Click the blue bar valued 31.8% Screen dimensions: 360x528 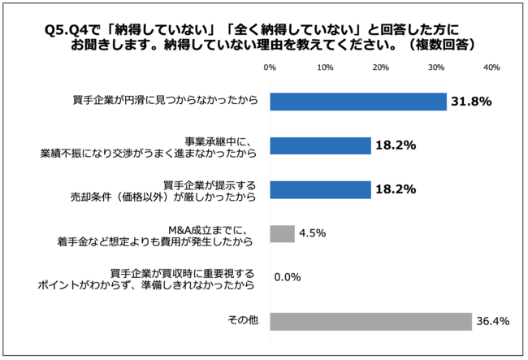tap(357, 102)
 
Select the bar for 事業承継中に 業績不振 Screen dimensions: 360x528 tap(320, 145)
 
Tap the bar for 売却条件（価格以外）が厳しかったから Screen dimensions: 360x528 tap(320, 189)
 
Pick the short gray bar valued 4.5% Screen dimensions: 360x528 tap(282, 233)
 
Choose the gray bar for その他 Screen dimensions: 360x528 tap(370, 321)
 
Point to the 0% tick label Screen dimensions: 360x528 tap(270, 67)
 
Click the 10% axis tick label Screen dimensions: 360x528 tap(326, 67)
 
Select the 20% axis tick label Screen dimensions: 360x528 tap(381, 67)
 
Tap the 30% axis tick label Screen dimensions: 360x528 tap(436, 67)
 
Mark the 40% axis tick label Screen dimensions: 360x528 tap(491, 67)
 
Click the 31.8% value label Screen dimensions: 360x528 tap(473, 102)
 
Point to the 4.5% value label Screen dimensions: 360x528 tap(312, 233)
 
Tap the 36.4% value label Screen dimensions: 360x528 tap(493, 321)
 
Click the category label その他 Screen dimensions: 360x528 tap(245, 321)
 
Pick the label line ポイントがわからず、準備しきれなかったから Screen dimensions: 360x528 tap(147, 284)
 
